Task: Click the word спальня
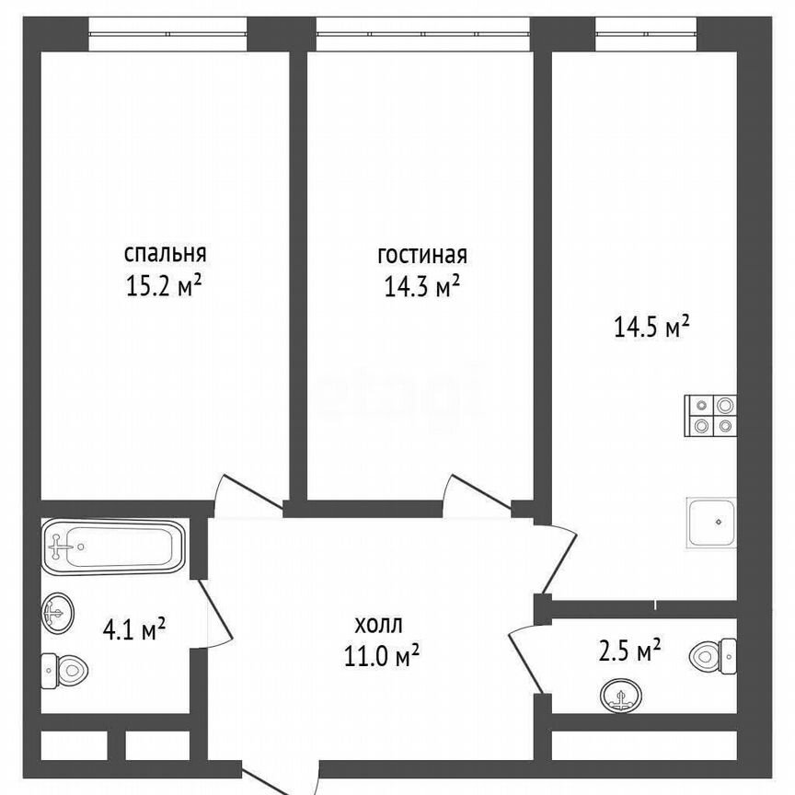(165, 253)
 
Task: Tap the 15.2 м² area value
(164, 287)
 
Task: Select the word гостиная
(422, 255)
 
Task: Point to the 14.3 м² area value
(422, 288)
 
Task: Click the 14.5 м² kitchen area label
(651, 327)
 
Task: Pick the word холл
(377, 625)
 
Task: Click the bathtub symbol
(112, 546)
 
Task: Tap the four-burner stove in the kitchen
(711, 414)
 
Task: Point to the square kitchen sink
(711, 523)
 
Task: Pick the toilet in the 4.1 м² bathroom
(64, 670)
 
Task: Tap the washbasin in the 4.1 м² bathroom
(58, 609)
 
